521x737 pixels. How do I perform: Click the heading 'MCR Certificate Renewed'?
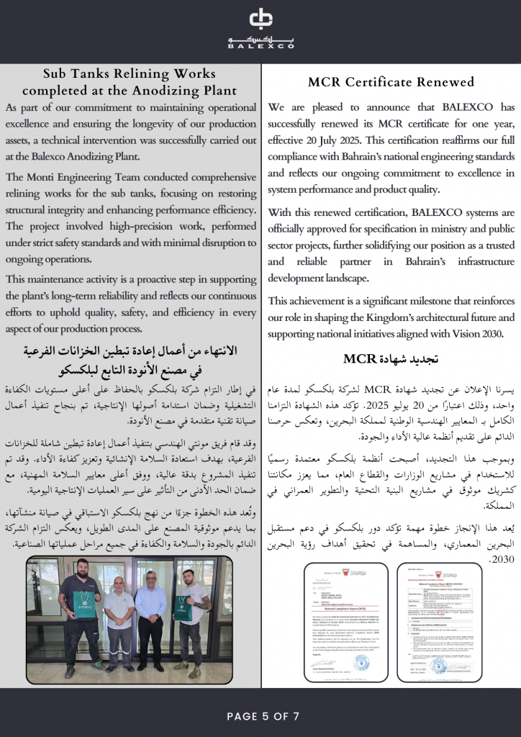tap(391, 82)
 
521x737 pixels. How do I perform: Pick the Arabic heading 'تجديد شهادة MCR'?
tap(391, 358)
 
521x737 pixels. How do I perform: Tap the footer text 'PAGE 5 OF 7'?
tap(260, 715)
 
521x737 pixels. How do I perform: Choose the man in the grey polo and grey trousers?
tap(119, 619)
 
